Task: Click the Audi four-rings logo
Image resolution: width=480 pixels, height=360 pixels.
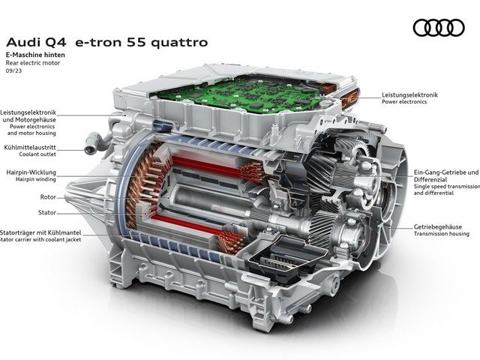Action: pyautogui.click(x=439, y=28)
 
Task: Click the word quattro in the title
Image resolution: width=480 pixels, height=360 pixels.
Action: pyautogui.click(x=179, y=43)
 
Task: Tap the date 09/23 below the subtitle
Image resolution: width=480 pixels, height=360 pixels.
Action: pyautogui.click(x=13, y=71)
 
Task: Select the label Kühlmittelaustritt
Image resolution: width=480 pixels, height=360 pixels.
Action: pyautogui.click(x=30, y=148)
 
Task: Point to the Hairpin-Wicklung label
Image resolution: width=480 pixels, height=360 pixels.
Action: pyautogui.click(x=31, y=172)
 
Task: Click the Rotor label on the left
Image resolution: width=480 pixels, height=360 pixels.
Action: pyautogui.click(x=48, y=196)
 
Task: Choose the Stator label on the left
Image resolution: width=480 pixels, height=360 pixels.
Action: pyautogui.click(x=47, y=212)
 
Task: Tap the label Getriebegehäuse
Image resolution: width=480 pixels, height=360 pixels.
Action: pyautogui.click(x=438, y=226)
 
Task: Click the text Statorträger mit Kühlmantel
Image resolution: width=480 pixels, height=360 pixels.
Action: pyautogui.click(x=40, y=232)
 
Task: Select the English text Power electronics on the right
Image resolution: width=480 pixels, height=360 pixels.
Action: pyautogui.click(x=404, y=102)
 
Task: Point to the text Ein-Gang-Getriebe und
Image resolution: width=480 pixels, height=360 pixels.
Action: pyautogui.click(x=446, y=172)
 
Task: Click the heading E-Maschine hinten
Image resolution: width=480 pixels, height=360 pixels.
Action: pyautogui.click(x=35, y=55)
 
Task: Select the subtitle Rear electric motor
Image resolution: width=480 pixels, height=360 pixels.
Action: pyautogui.click(x=33, y=63)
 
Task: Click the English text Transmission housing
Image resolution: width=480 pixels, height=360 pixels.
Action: pyautogui.click(x=442, y=234)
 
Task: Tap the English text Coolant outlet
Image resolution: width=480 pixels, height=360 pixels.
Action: pyautogui.click(x=37, y=154)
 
